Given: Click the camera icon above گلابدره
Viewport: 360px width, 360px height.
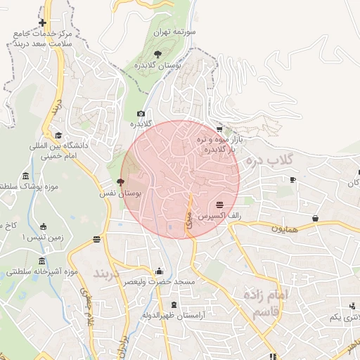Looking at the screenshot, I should tap(141, 113).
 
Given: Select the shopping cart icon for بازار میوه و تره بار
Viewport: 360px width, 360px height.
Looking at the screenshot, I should tap(220, 129).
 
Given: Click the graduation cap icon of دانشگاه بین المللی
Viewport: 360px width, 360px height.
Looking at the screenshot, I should tap(58, 136).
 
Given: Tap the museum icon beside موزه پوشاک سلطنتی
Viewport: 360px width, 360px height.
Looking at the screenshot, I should tap(26, 175).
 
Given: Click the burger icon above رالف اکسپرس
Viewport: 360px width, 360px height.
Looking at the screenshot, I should tap(220, 204).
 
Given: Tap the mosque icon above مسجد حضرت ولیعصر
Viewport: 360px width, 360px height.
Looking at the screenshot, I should tap(159, 271).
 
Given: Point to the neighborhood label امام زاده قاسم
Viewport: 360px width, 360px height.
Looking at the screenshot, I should tap(265, 302).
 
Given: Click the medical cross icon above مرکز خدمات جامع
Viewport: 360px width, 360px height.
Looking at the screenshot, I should tap(43, 23).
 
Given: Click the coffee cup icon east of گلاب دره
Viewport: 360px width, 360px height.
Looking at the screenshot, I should tap(292, 179).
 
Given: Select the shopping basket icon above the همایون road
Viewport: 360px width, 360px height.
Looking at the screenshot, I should tap(315, 218).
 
